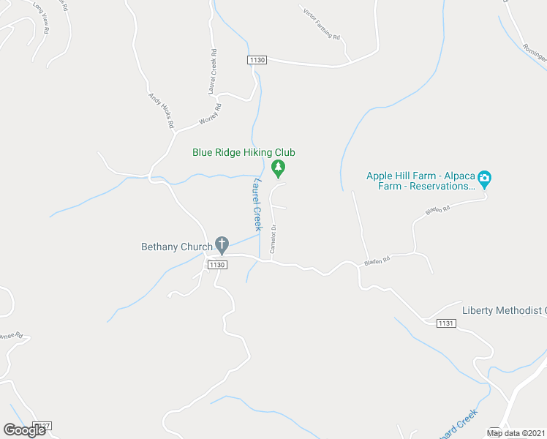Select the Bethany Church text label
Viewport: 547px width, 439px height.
pos(176,247)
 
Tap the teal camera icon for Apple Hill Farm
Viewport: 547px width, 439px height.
pos(484,179)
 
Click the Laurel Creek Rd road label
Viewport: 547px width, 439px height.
pos(212,72)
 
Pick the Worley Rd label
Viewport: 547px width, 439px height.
pos(209,116)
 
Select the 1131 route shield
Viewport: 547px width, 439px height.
pos(445,323)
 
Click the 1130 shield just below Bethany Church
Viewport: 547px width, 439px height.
pos(216,265)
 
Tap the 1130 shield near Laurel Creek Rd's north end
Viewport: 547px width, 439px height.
pos(257,60)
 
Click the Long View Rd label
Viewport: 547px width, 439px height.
pos(40,20)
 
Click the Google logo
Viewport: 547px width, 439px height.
pos(24,430)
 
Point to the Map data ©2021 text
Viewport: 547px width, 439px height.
pos(515,433)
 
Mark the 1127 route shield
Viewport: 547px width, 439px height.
pos(43,426)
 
